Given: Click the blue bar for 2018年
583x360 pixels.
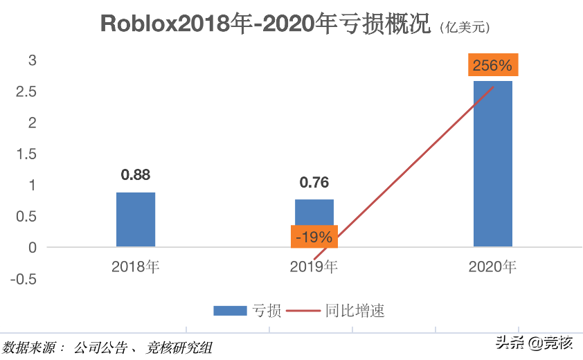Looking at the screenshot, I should [x=136, y=219].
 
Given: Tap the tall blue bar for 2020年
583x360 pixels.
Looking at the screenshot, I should [x=492, y=163].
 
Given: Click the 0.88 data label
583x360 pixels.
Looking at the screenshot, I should [x=136, y=175].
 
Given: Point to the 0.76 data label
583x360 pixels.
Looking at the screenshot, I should [x=314, y=183].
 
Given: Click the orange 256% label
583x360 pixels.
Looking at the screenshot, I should [x=492, y=66].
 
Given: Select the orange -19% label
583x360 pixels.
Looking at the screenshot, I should [x=314, y=237].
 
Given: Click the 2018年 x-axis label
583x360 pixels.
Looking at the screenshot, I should [x=136, y=267].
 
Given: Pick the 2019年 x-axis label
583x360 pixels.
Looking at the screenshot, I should [x=314, y=267].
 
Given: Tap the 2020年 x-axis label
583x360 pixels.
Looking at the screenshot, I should [x=492, y=267].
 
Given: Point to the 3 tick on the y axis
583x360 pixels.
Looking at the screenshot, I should [x=31, y=60].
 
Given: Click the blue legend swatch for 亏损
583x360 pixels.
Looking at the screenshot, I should [x=229, y=311].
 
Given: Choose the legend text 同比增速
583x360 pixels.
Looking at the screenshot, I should [x=355, y=311].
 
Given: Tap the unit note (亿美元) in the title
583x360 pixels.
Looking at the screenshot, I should [x=464, y=27].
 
